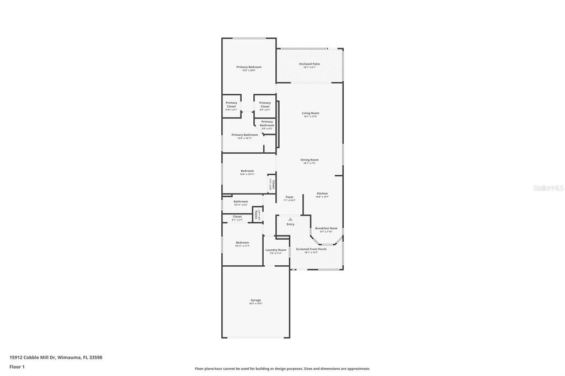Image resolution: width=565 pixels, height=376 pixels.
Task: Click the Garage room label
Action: tap(255, 300)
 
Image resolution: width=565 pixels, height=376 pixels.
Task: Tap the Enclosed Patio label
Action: tap(310, 64)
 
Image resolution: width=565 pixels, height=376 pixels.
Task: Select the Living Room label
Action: tap(311, 113)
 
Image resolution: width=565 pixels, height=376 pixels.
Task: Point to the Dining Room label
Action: tap(310, 160)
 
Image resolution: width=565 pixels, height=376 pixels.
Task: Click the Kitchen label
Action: tap(322, 194)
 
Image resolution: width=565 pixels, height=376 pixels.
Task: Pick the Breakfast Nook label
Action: tap(326, 228)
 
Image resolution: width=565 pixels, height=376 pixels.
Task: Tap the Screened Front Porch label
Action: tap(311, 249)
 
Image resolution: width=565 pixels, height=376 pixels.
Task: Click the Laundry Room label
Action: tap(276, 250)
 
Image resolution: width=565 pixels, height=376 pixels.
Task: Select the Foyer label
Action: tap(289, 197)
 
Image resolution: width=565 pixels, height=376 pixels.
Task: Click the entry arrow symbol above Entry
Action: tap(290, 219)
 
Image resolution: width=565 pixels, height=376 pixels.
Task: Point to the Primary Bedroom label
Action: tap(249, 67)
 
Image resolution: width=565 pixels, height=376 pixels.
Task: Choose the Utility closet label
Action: tap(257, 214)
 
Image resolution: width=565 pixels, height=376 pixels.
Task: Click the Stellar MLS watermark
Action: tap(548, 188)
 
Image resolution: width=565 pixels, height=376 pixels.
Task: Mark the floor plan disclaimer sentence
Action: tap(282, 368)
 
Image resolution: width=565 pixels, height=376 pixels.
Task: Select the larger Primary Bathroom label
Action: tap(244, 135)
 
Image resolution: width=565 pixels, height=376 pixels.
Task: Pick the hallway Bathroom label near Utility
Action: tap(241, 201)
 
